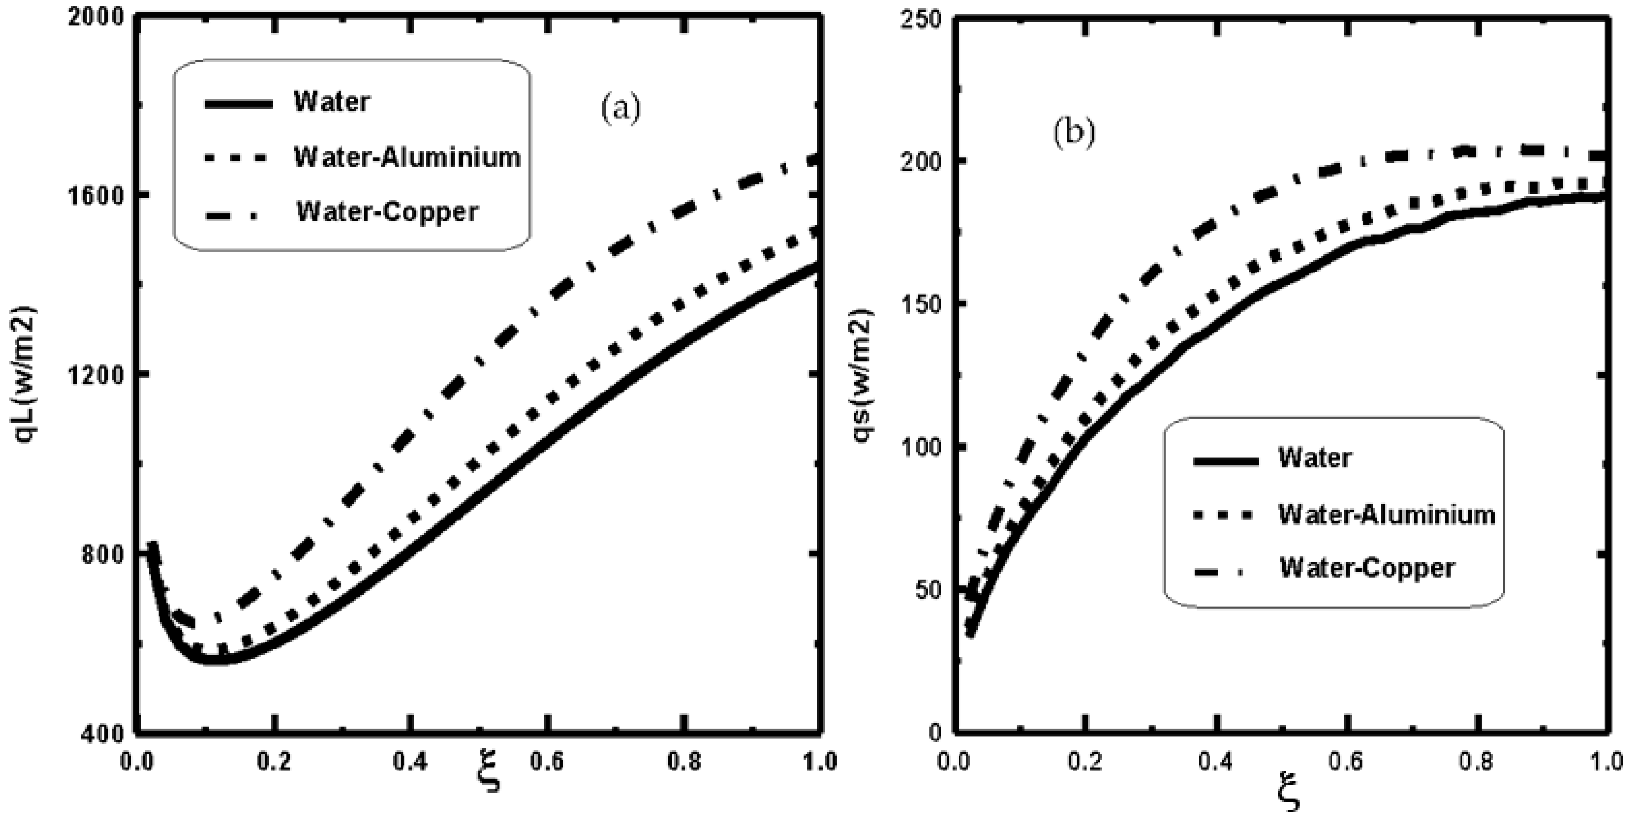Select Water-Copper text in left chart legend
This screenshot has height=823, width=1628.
point(388,212)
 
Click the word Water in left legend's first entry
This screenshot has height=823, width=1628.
point(331,102)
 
